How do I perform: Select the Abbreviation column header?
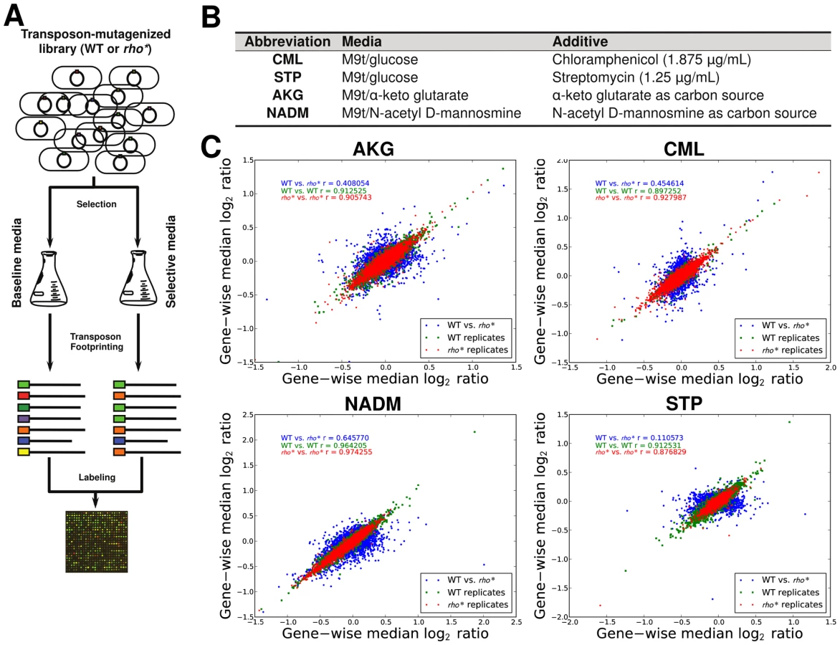click(x=287, y=42)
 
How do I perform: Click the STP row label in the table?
click(x=287, y=77)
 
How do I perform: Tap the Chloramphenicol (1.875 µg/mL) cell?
click(x=652, y=59)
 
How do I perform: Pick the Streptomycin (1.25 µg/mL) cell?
click(x=636, y=77)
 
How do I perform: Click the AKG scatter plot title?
click(x=373, y=148)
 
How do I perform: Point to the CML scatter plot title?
click(x=684, y=148)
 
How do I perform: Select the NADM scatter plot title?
click(x=373, y=403)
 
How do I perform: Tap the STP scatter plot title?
click(x=684, y=403)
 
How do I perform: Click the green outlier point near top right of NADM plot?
click(x=474, y=431)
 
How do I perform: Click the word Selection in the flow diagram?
click(x=97, y=204)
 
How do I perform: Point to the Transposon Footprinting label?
click(x=96, y=341)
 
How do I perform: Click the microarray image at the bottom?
click(x=97, y=542)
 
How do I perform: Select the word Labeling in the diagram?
click(x=97, y=477)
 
